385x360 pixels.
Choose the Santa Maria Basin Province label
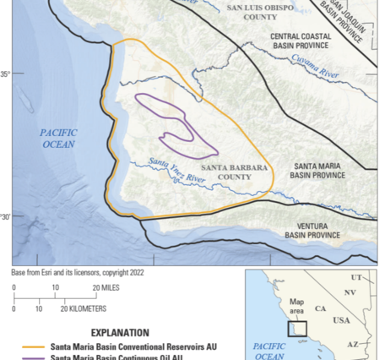pyautogui.click(x=317, y=172)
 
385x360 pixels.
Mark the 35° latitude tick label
pyautogui.click(x=6, y=75)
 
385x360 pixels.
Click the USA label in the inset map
pyautogui.click(x=342, y=321)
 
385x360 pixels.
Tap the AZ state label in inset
pyautogui.click(x=353, y=345)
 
